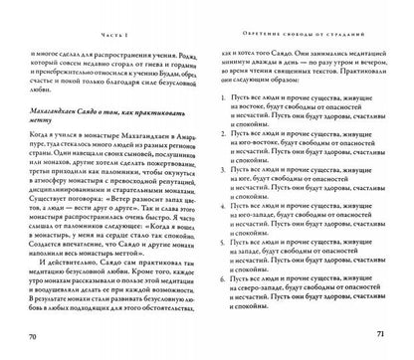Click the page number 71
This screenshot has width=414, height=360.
(375, 339)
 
